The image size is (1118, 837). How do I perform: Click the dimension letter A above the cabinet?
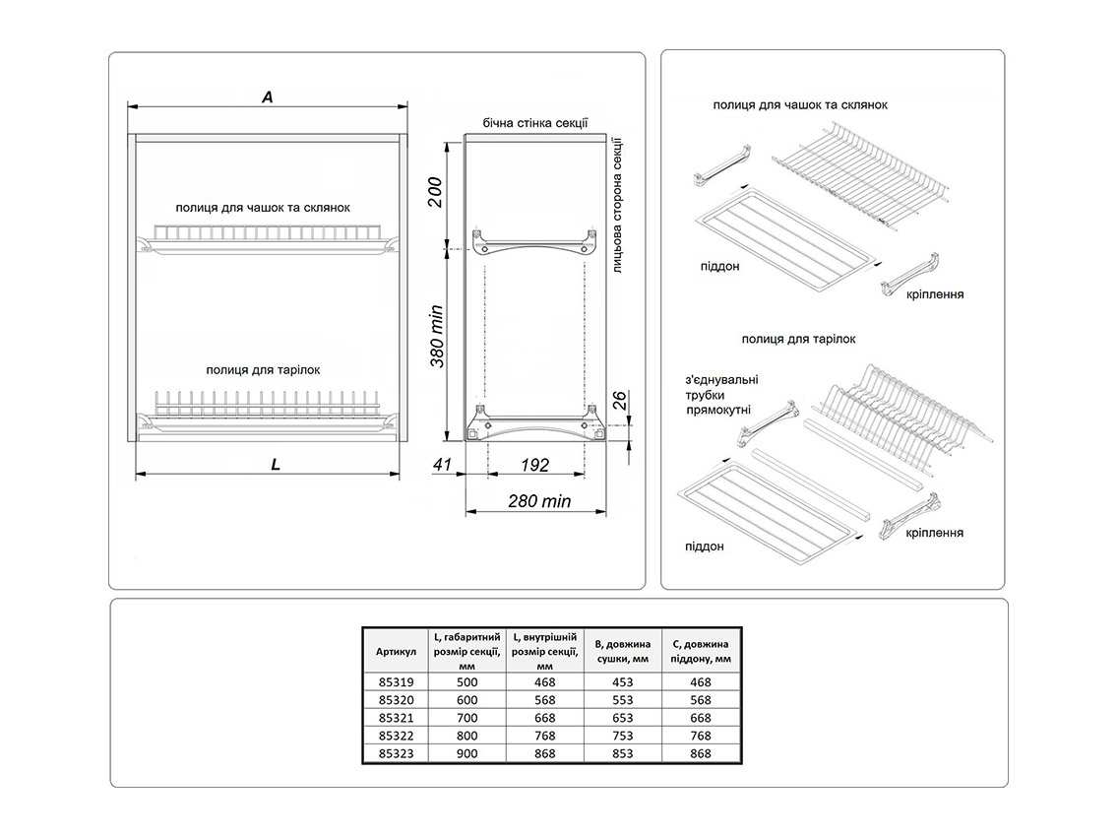267,97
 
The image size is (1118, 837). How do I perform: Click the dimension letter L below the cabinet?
277,464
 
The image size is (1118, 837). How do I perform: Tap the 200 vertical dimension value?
434,192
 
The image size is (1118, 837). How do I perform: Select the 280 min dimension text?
540,501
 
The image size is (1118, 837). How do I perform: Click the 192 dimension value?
534,465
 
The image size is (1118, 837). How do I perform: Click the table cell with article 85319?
396,682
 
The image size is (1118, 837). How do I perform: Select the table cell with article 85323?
396,753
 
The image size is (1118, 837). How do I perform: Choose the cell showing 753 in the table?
622,736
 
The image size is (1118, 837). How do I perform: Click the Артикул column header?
396,651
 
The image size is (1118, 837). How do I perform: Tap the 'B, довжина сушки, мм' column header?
622,651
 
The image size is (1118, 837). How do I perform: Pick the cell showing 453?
622,682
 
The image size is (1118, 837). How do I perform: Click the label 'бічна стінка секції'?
535,123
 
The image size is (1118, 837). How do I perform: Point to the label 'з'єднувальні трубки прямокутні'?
716,394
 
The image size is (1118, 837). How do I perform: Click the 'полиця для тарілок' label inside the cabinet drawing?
263,370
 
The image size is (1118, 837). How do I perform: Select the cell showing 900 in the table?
467,753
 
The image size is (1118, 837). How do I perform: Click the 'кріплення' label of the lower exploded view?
935,533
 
